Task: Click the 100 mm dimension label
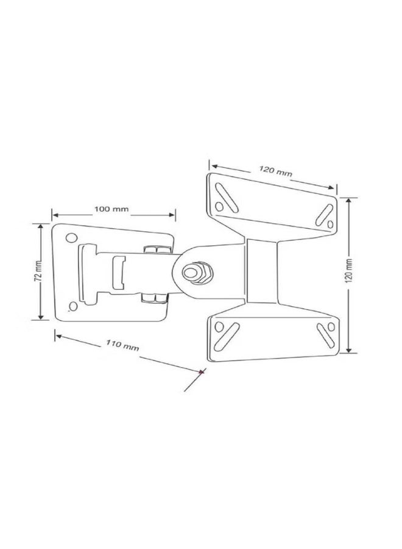tap(111, 209)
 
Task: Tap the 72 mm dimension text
tap(38, 271)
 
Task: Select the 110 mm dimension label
tap(122, 345)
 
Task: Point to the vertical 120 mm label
tap(350, 271)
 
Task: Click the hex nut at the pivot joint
tap(197, 272)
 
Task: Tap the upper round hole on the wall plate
tap(71, 238)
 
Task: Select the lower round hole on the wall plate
tap(73, 306)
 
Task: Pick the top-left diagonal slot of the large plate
tap(227, 198)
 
